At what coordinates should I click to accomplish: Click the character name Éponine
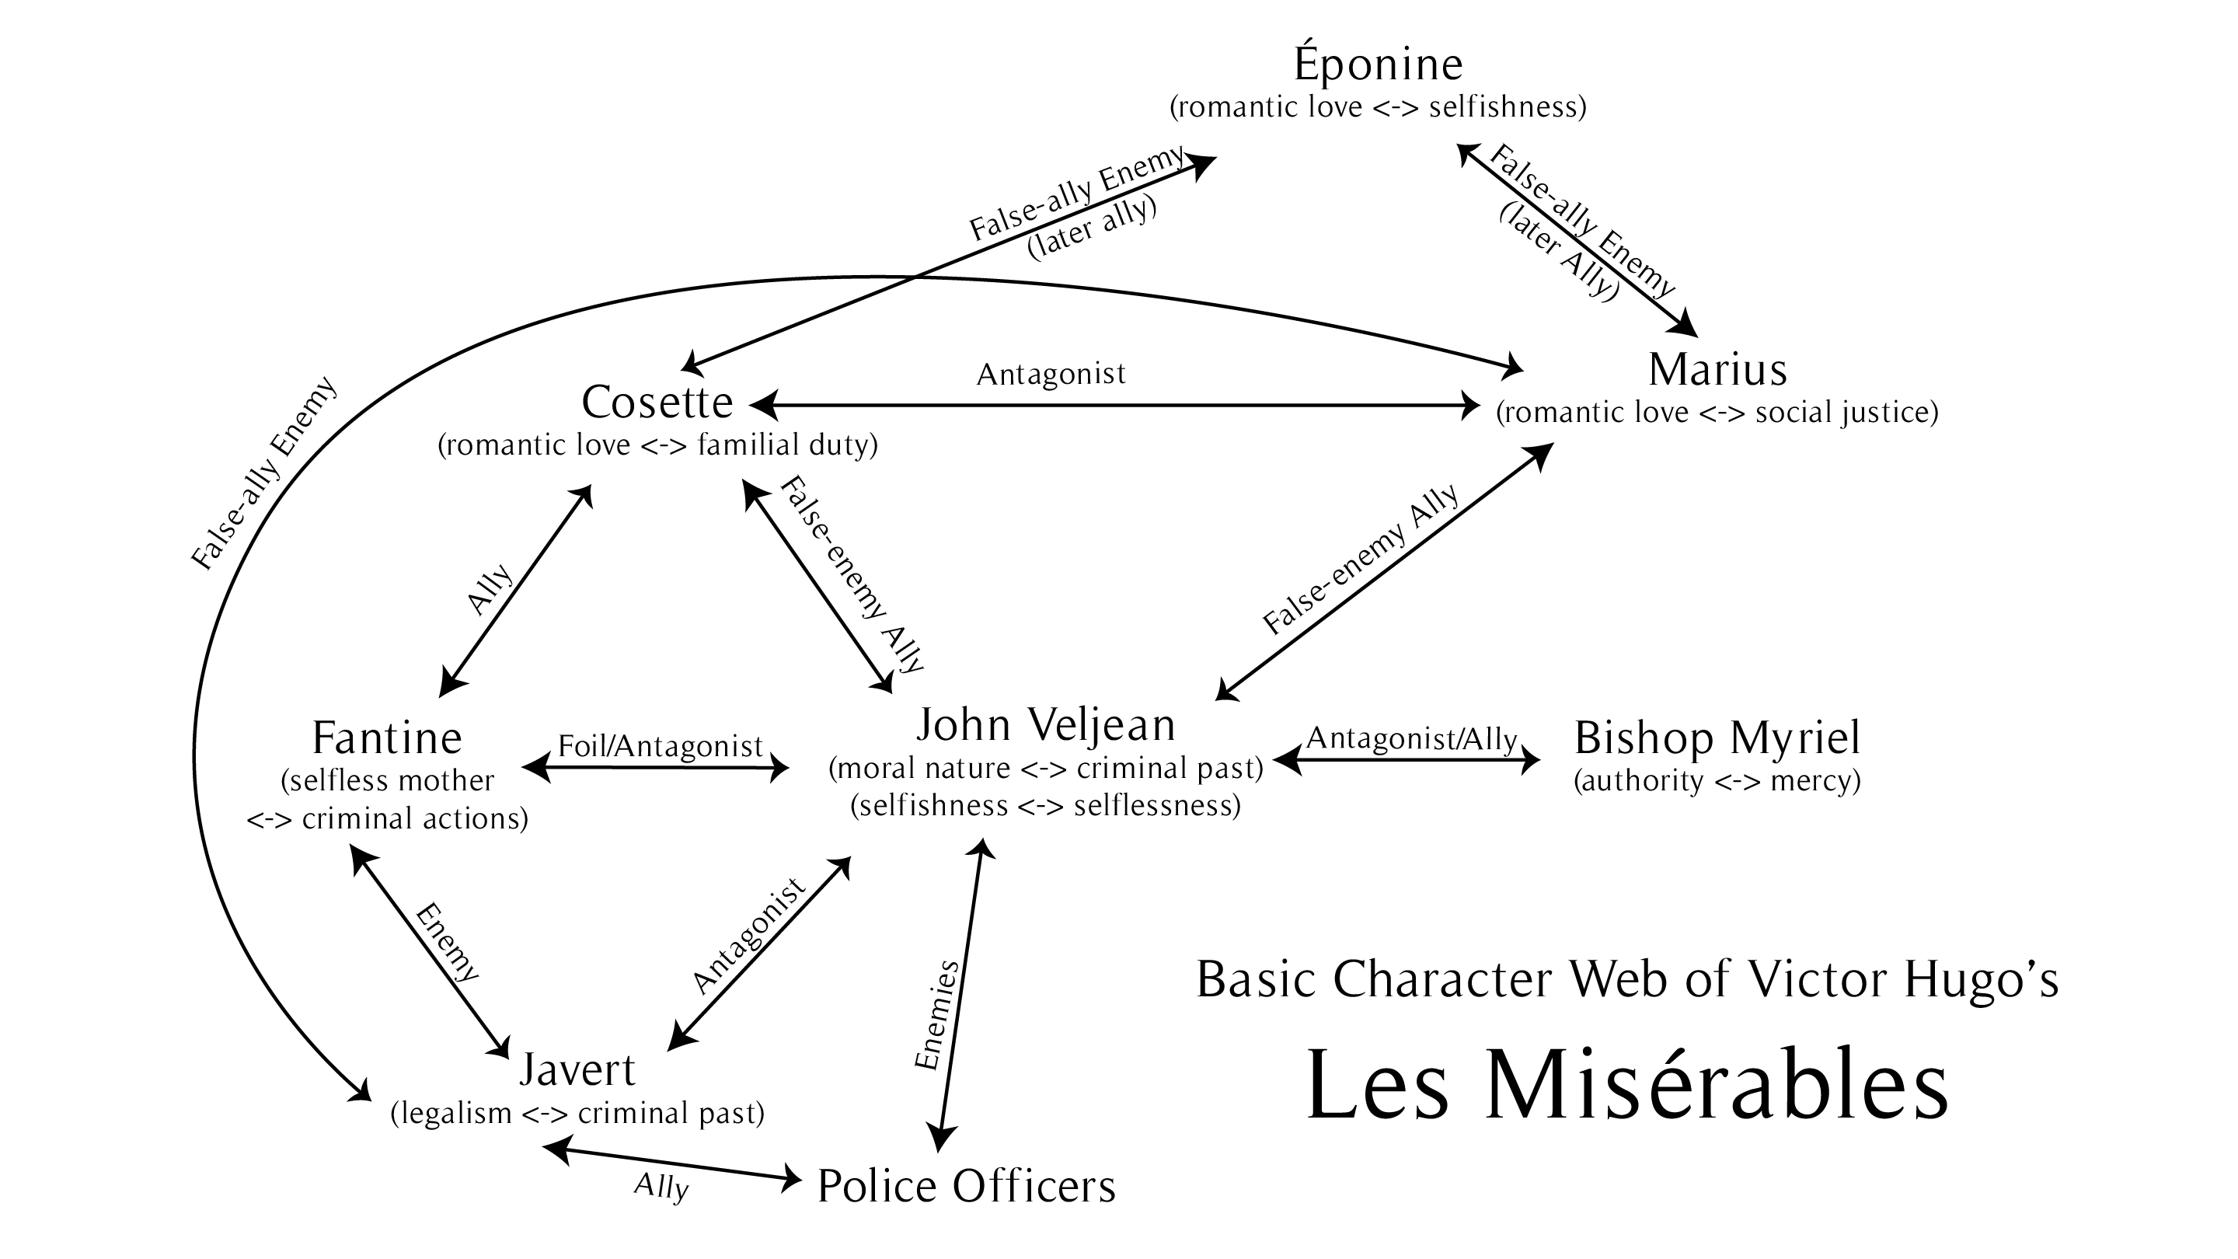(1378, 65)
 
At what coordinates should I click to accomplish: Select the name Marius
(1717, 370)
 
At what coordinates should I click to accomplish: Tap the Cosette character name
(657, 403)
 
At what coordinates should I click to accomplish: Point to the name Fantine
(387, 738)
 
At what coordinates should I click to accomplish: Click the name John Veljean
(1045, 724)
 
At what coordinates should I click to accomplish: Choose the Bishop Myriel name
(1717, 738)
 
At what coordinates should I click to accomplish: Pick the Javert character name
(577, 1070)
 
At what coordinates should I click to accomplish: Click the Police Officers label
(966, 1187)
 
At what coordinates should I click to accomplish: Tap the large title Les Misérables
(1626, 1086)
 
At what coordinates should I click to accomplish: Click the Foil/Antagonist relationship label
(660, 745)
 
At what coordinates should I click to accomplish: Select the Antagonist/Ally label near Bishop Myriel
(1412, 738)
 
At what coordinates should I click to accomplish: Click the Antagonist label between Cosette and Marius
(1051, 375)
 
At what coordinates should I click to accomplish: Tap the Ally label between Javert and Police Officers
(661, 1186)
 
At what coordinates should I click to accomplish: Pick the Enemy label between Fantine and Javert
(447, 943)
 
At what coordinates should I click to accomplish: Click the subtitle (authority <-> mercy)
(1717, 781)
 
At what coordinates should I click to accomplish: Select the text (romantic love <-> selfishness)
(1378, 107)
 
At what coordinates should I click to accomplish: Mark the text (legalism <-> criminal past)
(577, 1113)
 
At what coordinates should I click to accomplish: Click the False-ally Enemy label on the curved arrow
(263, 473)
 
